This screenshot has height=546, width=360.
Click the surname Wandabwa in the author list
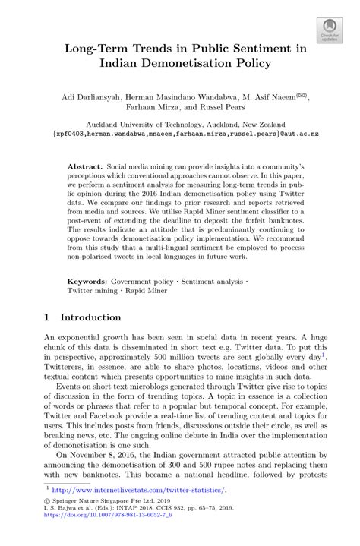204,96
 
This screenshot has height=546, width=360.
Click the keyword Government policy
150,257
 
